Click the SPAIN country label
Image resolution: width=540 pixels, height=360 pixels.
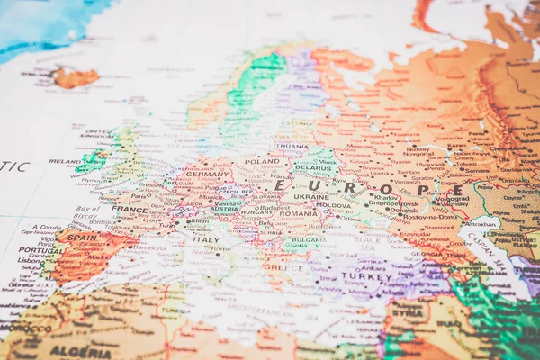tap(82, 238)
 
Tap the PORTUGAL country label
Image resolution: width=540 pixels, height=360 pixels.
tap(35, 250)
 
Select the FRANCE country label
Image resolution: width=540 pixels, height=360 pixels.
tap(130, 210)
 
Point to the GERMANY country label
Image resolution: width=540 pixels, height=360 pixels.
tap(207, 174)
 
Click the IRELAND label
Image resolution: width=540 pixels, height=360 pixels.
tap(65, 162)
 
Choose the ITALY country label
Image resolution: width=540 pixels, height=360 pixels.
tap(205, 239)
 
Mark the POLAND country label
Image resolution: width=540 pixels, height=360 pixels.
tap(262, 162)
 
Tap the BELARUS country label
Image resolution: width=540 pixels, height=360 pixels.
tap(313, 167)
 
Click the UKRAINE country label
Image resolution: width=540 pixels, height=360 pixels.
tap(311, 196)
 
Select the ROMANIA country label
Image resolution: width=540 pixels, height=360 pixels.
tap(299, 213)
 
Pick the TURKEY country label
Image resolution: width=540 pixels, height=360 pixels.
tap(366, 276)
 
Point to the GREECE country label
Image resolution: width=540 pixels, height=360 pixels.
tap(284, 266)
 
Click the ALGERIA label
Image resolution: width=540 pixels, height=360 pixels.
tap(81, 352)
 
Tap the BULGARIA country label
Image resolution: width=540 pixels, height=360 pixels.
tap(309, 240)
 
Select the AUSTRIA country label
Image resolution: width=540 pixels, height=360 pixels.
tap(225, 208)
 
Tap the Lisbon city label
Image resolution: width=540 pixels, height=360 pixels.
tap(31, 261)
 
